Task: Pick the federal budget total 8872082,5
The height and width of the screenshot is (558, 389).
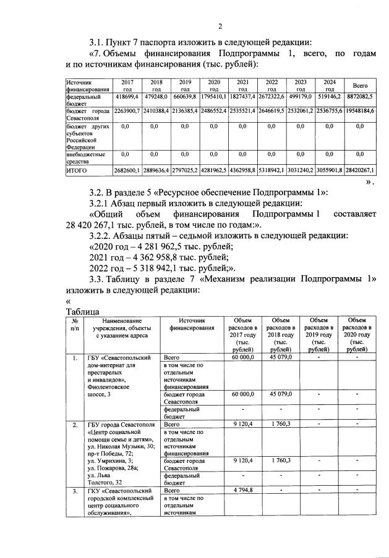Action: coord(359,98)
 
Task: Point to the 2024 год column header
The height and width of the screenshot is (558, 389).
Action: coord(330,85)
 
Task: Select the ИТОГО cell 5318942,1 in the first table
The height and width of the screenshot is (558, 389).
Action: coord(271,169)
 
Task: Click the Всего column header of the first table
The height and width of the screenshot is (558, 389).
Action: coord(359,85)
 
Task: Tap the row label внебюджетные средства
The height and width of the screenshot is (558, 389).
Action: coord(86,157)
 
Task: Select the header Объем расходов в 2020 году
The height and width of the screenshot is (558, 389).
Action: coord(357,334)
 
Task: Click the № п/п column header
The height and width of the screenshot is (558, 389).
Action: coord(74,325)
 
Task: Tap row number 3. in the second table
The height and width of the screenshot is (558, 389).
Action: coord(74,491)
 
